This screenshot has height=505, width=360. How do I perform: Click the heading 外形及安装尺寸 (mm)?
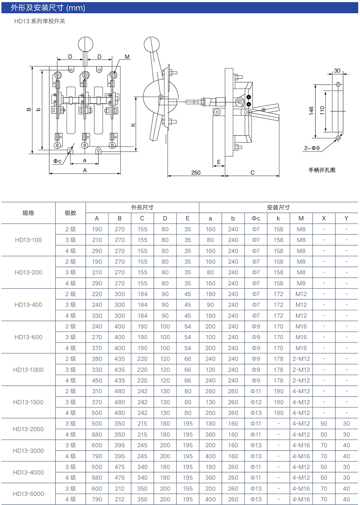coord(48,8)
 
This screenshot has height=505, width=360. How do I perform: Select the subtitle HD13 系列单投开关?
coord(40,21)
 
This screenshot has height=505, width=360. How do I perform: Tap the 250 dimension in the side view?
coord(196,173)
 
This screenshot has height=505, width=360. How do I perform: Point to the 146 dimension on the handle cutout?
coord(311,111)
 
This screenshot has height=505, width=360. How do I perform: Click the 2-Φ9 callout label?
coord(312,148)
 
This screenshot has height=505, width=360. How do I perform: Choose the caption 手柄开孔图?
coord(322,170)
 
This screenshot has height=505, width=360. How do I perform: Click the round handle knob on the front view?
coord(86,45)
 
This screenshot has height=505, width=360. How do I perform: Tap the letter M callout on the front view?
coord(127,57)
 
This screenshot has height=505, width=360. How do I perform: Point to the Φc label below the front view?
coord(58,161)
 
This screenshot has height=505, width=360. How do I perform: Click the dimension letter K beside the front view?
coord(133,125)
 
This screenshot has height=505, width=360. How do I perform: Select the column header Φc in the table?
coord(256,218)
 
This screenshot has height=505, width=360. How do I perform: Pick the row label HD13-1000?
coord(28,370)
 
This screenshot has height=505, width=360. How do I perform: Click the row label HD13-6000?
coord(28,494)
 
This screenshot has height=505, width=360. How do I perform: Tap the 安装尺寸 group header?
coord(278,207)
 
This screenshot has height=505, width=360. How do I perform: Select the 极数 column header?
coord(71,213)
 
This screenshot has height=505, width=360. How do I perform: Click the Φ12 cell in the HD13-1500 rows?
coord(256,402)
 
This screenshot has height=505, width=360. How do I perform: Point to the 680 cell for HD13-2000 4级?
coord(97,434)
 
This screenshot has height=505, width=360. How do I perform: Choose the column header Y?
coord(346,218)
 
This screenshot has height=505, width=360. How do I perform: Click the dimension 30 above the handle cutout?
coord(337,71)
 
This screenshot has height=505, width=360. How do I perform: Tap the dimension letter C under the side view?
coord(252,173)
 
